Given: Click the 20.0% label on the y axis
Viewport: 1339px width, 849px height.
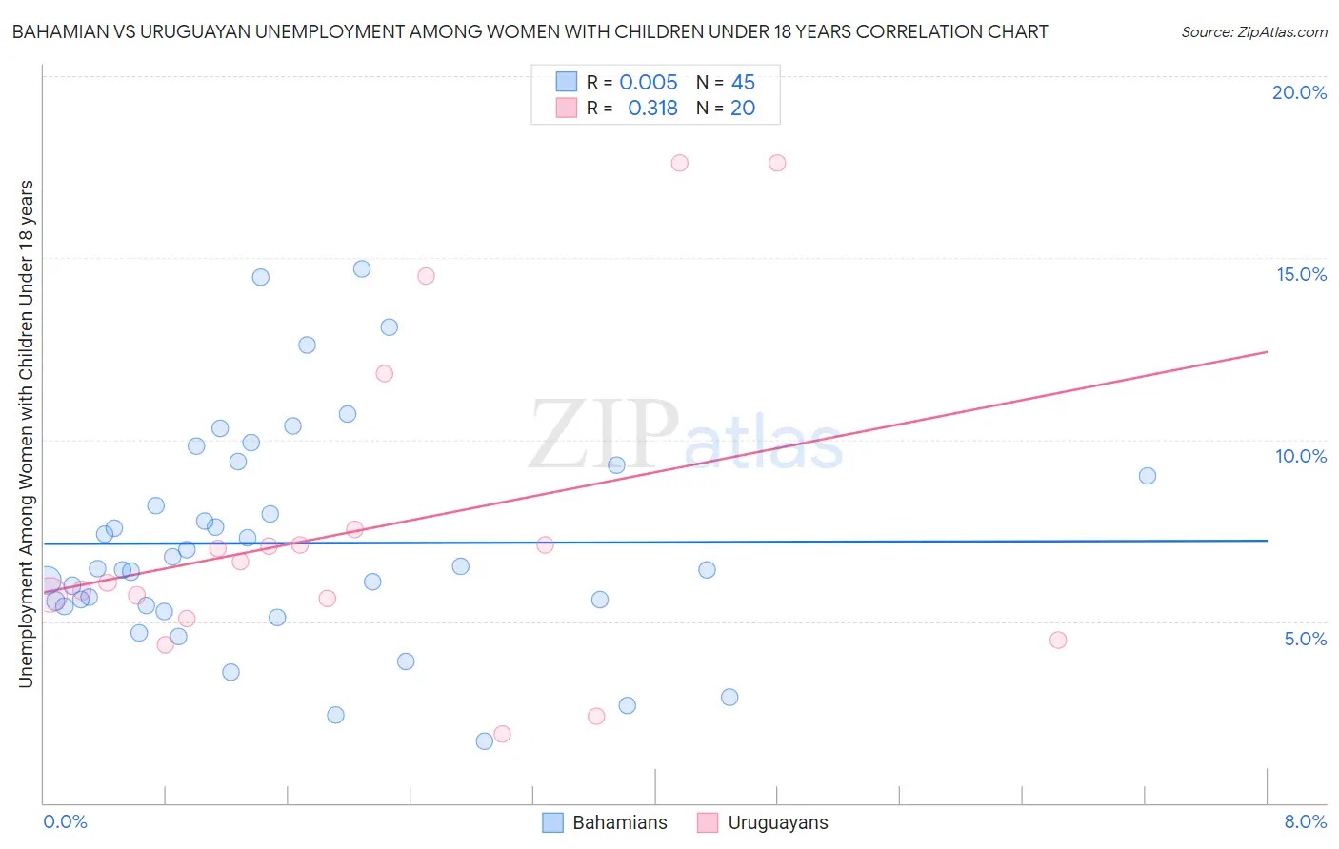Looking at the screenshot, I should coord(1299,92).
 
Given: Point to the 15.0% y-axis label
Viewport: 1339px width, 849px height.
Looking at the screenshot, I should coord(1301,274).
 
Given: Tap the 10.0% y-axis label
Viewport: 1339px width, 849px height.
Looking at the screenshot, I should coord(1301,456).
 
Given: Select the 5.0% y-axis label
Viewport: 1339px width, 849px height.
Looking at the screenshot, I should coord(1305,639).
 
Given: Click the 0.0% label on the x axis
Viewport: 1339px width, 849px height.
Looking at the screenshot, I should coord(65,821).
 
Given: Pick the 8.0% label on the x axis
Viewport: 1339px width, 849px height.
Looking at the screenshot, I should coord(1305,821).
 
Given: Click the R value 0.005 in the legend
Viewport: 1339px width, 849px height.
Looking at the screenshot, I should coord(648,83).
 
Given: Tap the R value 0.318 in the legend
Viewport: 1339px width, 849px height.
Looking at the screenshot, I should coord(652,109).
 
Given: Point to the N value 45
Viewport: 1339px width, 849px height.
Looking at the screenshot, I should coord(743,83).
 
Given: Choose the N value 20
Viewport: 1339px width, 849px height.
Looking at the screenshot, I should coord(743,109).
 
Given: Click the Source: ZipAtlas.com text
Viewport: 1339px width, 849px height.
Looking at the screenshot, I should coord(1253,32).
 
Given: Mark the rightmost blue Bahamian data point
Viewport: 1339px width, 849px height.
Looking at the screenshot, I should coord(1148,476).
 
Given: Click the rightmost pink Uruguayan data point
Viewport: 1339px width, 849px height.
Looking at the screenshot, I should coord(1058,640).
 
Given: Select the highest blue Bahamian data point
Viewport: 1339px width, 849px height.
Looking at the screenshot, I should coord(362,268).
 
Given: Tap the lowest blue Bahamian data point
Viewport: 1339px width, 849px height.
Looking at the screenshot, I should coord(485,740).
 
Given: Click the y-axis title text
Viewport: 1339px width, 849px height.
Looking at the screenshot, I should coord(27,433).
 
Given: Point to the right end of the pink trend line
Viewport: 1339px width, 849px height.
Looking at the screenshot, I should coord(1268,352).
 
